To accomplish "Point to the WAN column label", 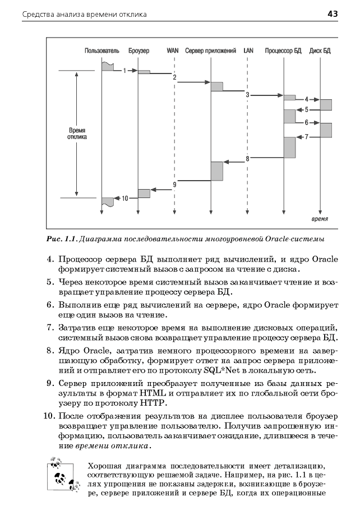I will (173, 50).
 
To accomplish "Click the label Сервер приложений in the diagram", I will (210, 50).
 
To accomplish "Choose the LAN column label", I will (248, 50).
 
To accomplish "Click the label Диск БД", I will (320, 50).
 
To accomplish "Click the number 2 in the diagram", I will (175, 77).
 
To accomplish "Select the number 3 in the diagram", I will (247, 95).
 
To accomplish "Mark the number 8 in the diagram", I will (247, 159).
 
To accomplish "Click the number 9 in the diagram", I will (175, 184).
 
